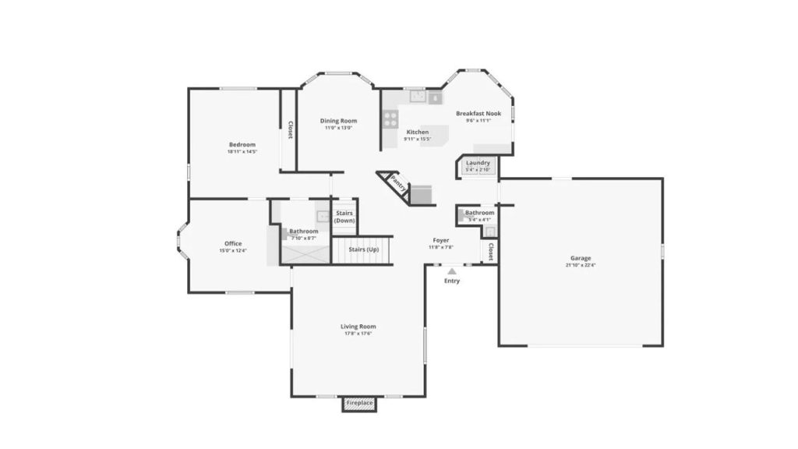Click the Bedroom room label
242,144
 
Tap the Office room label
233,244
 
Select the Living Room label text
358,326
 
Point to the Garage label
581,258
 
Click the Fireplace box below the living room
359,403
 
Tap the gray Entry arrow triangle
452,270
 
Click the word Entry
452,281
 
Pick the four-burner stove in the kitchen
390,118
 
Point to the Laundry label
478,163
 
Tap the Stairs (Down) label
344,217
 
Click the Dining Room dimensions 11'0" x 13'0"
338,129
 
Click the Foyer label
440,240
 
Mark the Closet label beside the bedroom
290,130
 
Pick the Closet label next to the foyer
490,252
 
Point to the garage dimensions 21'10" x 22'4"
581,266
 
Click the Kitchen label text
418,132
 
